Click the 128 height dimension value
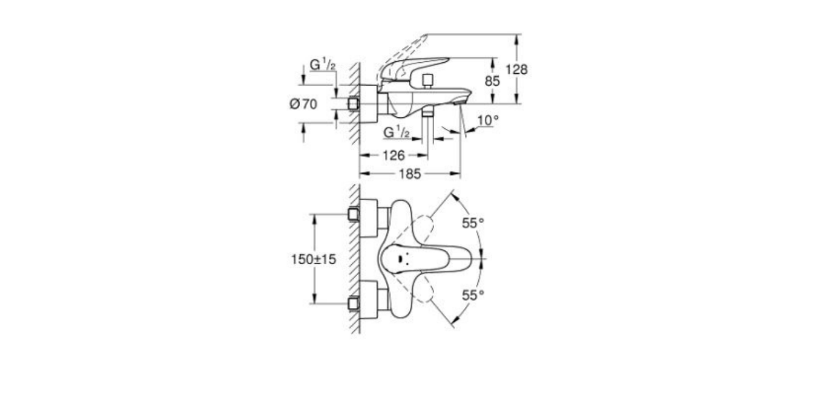pos(516,70)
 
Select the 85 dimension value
pos(492,81)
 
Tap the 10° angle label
pos(488,120)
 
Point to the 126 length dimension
pos(394,155)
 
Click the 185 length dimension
pos(410,174)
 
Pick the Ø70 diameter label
pos(303,104)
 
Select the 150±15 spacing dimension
pos(313,259)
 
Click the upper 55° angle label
pos(473,223)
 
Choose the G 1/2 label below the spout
pos(397,131)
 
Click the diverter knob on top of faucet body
pos(429,80)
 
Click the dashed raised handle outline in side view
pos(403,48)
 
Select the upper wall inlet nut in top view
pos(353,214)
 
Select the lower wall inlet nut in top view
pos(353,302)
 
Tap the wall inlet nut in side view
pos(354,104)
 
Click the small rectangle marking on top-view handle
pos(400,260)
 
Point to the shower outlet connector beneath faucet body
pos(427,112)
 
